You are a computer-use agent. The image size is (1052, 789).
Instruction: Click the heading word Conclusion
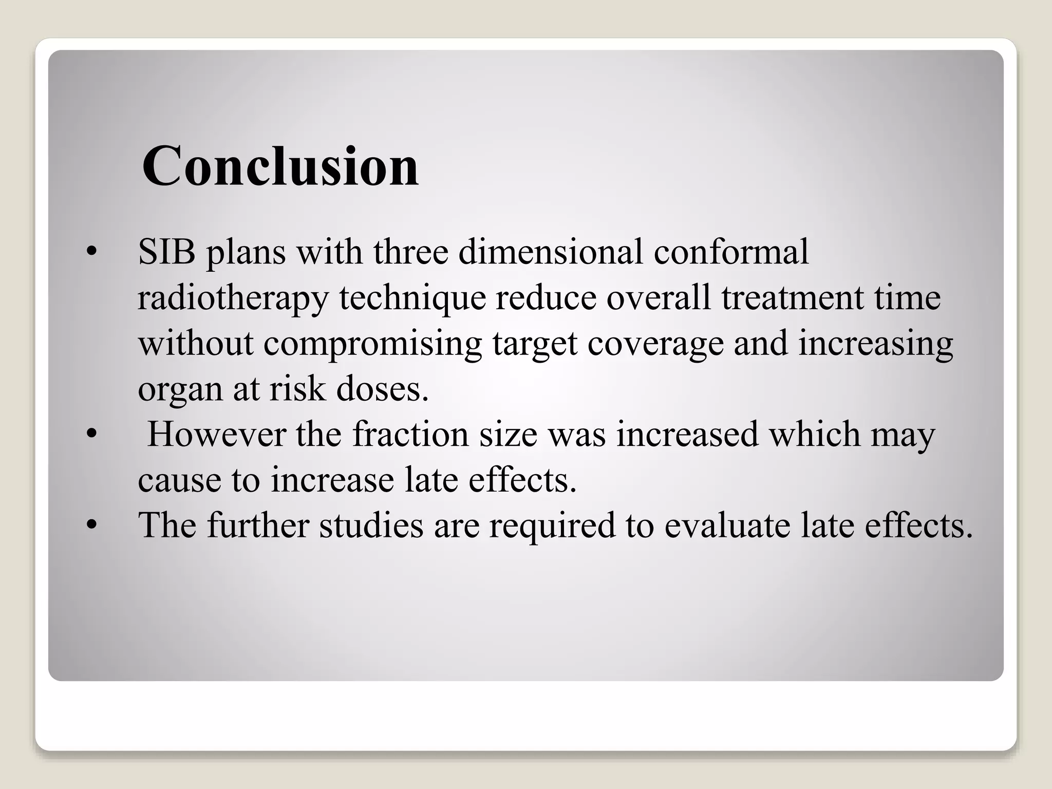click(280, 166)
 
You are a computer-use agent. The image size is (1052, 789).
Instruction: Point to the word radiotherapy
click(233, 299)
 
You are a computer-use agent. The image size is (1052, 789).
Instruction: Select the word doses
click(382, 389)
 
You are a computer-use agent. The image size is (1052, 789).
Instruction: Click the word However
click(216, 434)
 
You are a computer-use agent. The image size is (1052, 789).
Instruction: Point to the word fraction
click(410, 434)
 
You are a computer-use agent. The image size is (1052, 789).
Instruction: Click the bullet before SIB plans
click(91, 252)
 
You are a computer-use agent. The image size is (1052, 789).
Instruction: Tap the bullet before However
click(91, 435)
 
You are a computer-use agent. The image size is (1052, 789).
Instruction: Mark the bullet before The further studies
click(91, 525)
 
